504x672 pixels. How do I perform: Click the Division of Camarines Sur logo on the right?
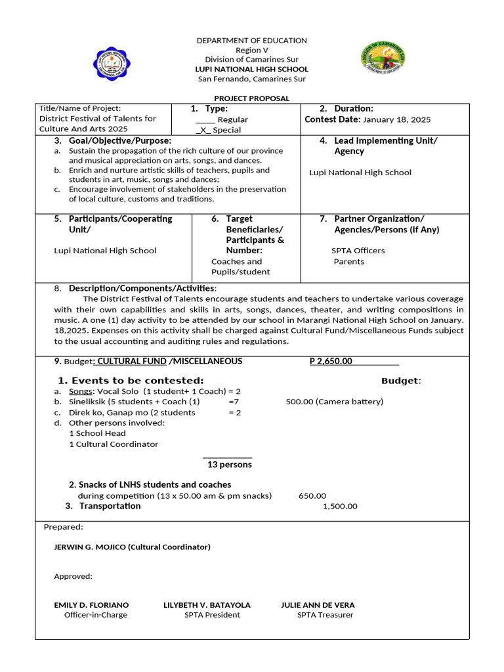click(384, 58)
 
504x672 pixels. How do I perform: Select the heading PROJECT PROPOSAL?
click(252, 98)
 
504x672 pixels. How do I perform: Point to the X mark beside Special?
click(203, 130)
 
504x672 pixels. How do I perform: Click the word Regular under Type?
click(232, 119)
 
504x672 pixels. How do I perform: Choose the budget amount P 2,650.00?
click(331, 361)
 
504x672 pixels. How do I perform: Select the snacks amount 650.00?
click(312, 496)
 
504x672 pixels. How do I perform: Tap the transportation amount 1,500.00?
click(340, 506)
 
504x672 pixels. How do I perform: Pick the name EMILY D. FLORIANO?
click(91, 604)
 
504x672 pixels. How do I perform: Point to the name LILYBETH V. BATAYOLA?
click(207, 604)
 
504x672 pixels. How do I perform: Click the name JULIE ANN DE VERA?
click(318, 604)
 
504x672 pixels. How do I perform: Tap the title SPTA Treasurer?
click(325, 615)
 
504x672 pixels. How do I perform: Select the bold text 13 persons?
click(229, 465)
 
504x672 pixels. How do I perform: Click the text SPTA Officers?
click(358, 251)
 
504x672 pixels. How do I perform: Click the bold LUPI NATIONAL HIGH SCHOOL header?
click(252, 69)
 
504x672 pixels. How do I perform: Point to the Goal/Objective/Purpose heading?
click(119, 140)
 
